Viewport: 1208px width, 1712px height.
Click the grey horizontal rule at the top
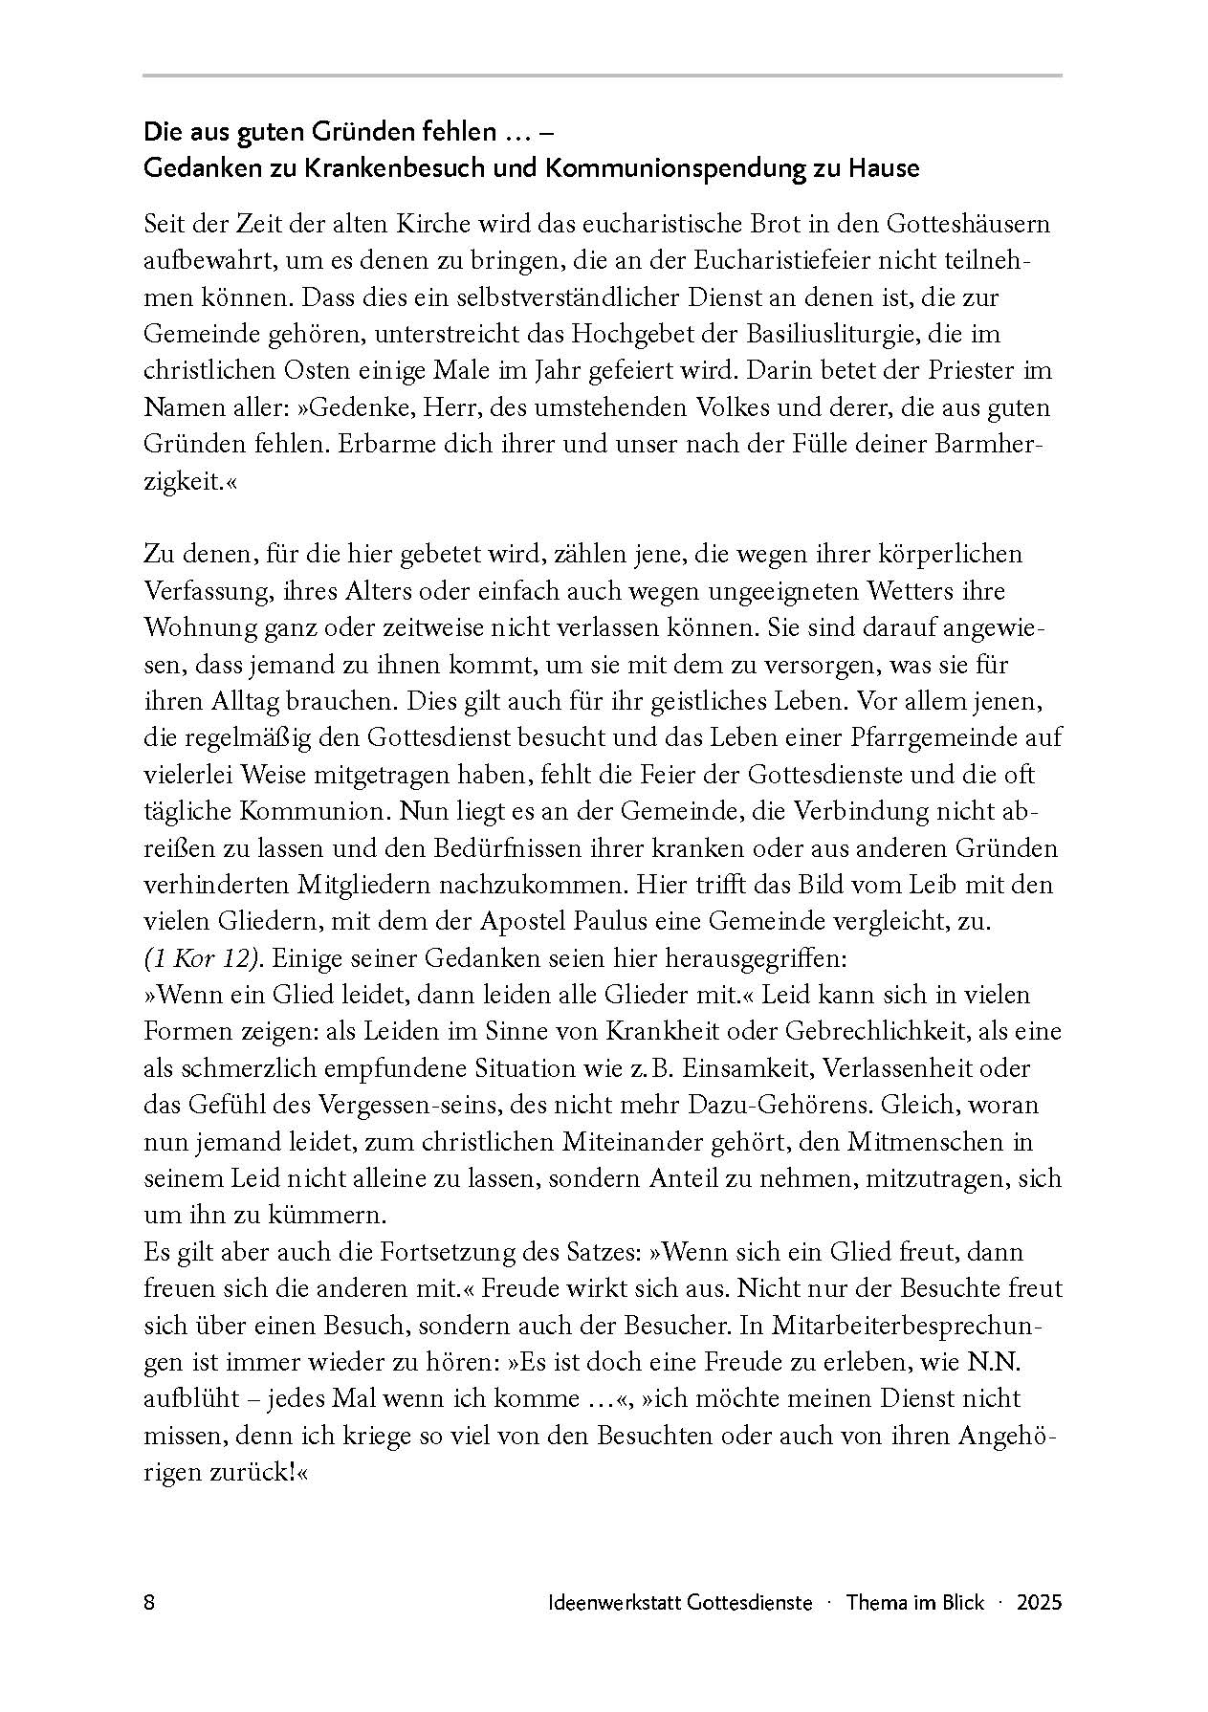point(603,75)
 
